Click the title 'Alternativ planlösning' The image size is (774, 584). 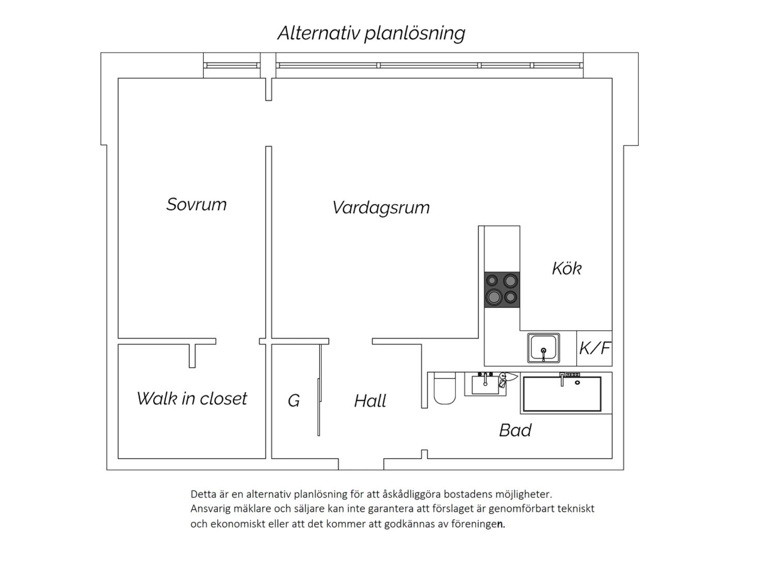coord(371,34)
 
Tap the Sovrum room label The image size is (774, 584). coord(197,204)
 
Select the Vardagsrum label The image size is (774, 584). coord(381,207)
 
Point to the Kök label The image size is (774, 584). coord(567,269)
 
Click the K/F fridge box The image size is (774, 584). coord(594,348)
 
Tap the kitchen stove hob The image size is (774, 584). coord(502,289)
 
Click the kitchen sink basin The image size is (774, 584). coord(543,348)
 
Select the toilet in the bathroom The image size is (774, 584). coord(445,388)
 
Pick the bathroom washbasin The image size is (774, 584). coord(485,384)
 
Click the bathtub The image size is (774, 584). coord(562,394)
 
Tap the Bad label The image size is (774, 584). coord(515,430)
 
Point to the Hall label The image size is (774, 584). coord(370,401)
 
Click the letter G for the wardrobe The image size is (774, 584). coord(294,401)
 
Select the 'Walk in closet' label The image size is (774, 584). coord(192,399)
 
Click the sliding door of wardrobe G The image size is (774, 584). coord(319,390)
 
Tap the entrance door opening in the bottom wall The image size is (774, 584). coord(361,464)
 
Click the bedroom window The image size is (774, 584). coord(232,66)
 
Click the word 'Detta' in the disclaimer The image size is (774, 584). coord(203,494)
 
